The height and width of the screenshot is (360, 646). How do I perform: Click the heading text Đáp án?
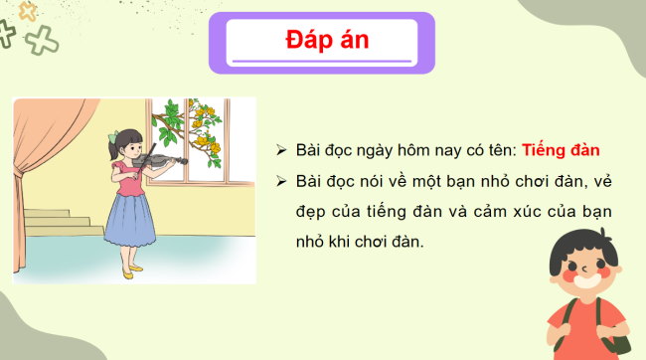321,42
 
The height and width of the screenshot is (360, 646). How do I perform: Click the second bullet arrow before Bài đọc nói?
282,182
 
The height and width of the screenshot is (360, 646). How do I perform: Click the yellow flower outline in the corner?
29,12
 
